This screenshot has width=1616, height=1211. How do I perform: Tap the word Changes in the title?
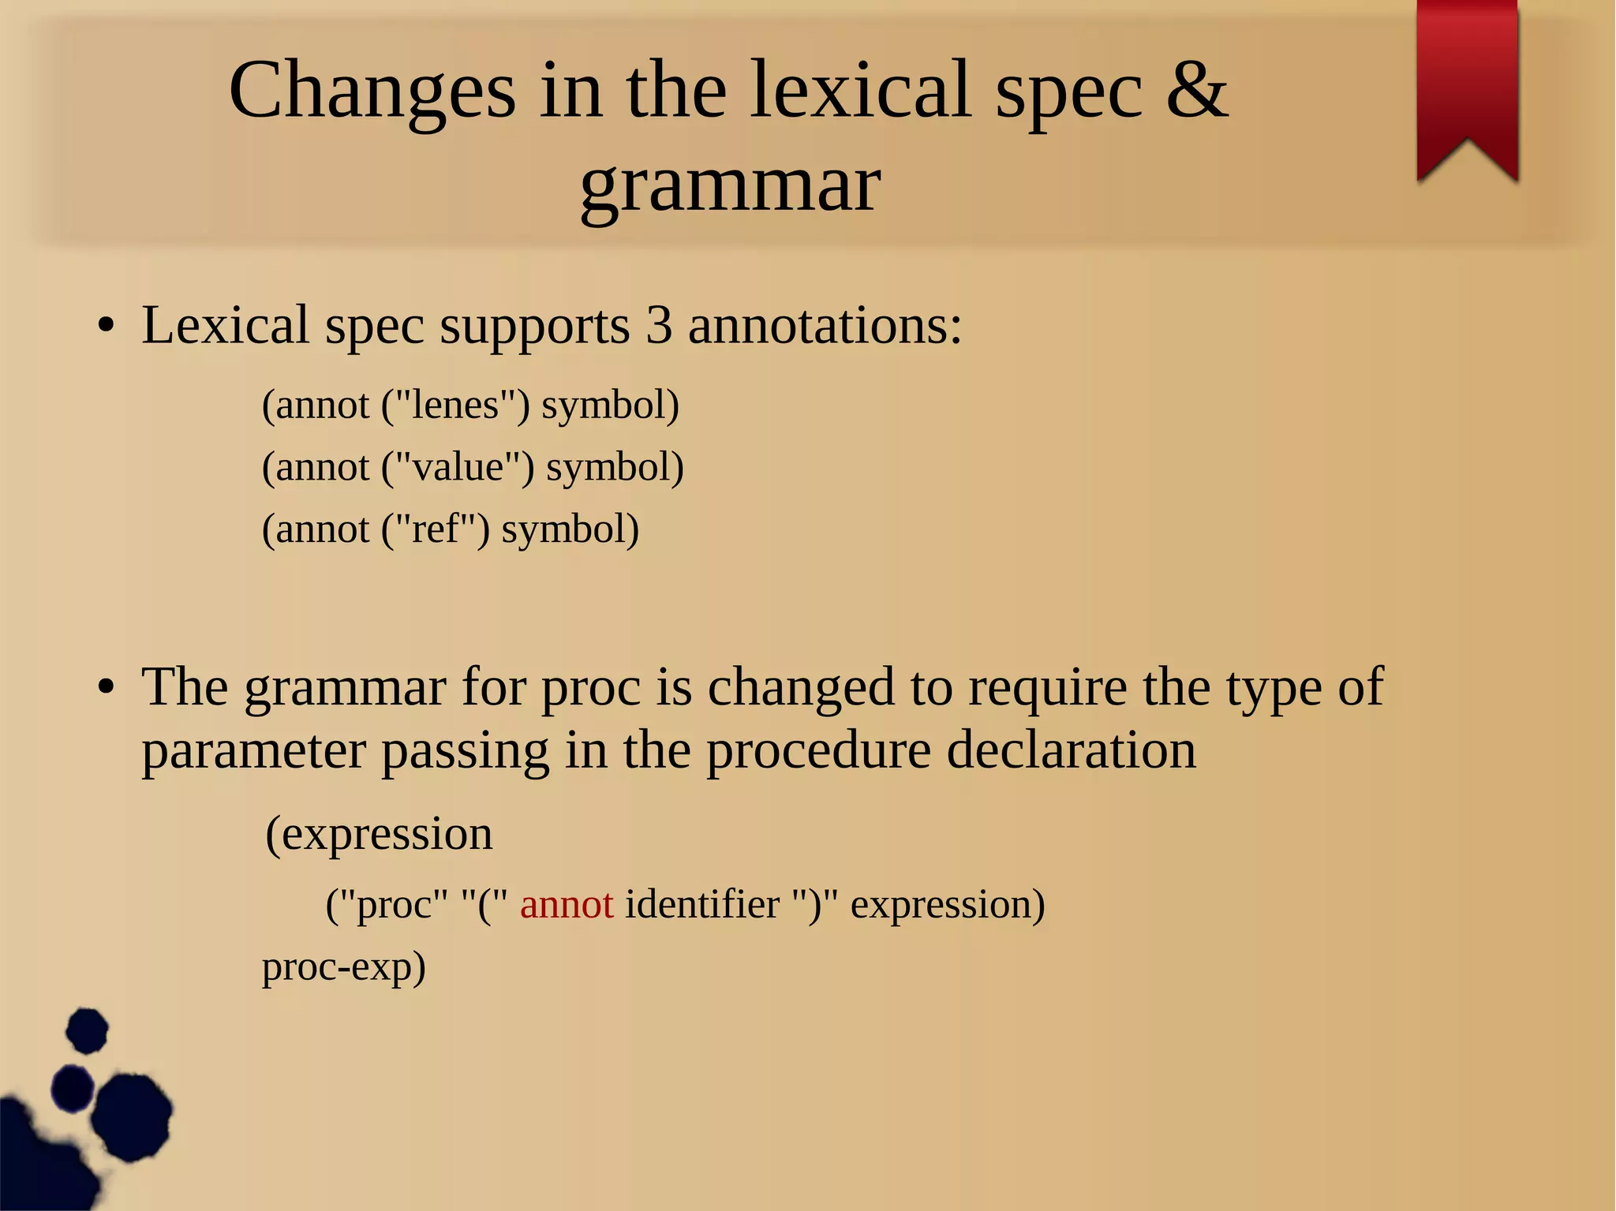click(x=372, y=92)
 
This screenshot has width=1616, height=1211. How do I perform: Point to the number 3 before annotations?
click(x=659, y=325)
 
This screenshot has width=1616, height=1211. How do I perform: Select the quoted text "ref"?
click(x=436, y=529)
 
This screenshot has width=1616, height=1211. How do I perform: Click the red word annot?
click(x=567, y=904)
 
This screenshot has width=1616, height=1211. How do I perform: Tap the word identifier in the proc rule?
click(x=702, y=904)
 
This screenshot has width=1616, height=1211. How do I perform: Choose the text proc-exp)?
click(x=344, y=967)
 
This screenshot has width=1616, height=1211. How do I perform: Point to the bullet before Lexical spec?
click(x=107, y=326)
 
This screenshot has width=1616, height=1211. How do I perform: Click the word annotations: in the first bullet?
click(x=825, y=325)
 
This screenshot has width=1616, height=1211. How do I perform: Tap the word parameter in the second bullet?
click(x=253, y=751)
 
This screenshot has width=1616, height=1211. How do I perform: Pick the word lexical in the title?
click(x=859, y=90)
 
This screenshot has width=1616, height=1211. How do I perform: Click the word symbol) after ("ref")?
click(x=570, y=529)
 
